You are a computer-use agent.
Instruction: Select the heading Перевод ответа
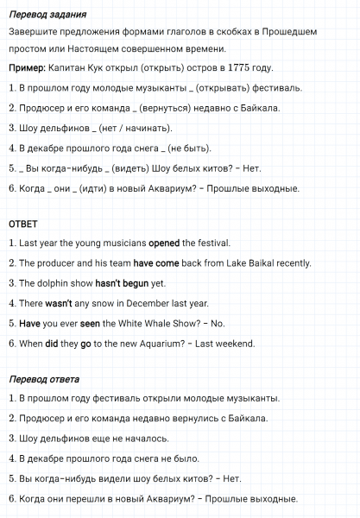pyautogui.click(x=41, y=380)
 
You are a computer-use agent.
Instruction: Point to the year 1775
pyautogui.click(x=243, y=67)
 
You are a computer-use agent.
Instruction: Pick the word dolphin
pyautogui.click(x=49, y=283)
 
